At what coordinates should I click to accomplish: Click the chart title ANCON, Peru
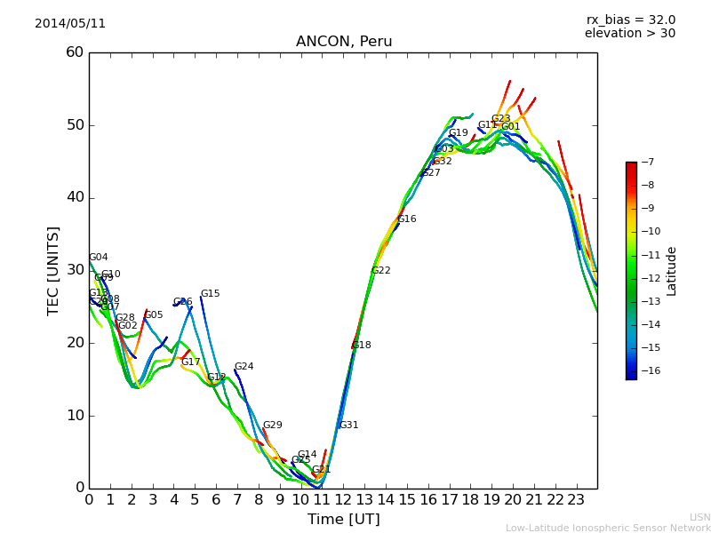coord(343,42)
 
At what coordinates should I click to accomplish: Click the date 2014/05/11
coord(70,24)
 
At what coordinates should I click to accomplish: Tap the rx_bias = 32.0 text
coord(630,20)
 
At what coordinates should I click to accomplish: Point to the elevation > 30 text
coord(629,34)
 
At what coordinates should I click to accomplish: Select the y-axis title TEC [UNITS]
coord(53,270)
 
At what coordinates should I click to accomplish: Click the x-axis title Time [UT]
coord(343,520)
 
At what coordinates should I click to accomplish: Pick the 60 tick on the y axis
coord(74,52)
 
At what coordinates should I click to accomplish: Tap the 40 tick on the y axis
coord(74,197)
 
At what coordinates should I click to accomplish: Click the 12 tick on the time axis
coord(343,499)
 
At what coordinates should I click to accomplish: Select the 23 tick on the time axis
coord(576,499)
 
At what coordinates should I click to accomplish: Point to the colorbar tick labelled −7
coord(647,163)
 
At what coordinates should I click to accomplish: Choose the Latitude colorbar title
coord(672,271)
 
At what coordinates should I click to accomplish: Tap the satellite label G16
coord(406,219)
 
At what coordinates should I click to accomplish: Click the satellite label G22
coord(380,271)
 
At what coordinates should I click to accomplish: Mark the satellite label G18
coord(361,346)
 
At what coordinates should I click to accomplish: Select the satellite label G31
coord(348,426)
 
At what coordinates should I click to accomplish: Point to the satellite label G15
coord(210,294)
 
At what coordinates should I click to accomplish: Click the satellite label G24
coord(244,367)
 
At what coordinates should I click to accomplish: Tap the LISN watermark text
coord(699,517)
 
